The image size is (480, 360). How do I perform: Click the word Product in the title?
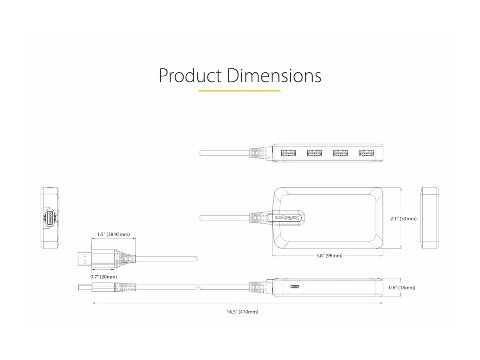click(190, 76)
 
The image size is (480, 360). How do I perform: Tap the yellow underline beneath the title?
click(239, 91)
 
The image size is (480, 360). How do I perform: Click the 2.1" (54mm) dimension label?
click(403, 219)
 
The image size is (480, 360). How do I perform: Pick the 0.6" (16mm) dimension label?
click(402, 288)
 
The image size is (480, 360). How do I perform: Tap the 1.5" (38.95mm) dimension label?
click(113, 234)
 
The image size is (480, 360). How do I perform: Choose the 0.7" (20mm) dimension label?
click(104, 277)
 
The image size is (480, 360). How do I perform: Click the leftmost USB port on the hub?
click(288, 153)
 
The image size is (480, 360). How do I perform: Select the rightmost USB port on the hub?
click(366, 153)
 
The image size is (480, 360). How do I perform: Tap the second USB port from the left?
click(314, 153)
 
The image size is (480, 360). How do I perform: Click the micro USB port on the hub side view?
click(296, 287)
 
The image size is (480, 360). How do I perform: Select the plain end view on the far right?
click(430, 218)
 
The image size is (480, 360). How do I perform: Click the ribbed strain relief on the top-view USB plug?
click(126, 259)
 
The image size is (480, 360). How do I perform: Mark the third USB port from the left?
click(340, 153)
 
